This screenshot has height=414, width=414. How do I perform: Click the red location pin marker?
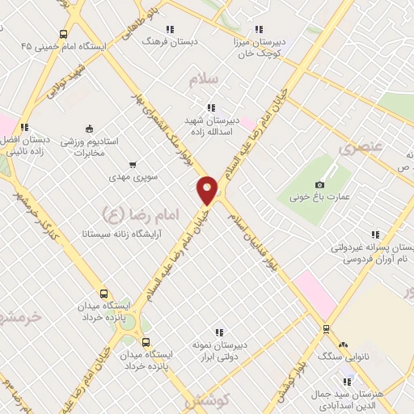pos(208,190)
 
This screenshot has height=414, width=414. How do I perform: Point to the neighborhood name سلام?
pos(204,80)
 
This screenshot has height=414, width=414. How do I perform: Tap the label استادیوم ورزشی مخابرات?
pos(90,146)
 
